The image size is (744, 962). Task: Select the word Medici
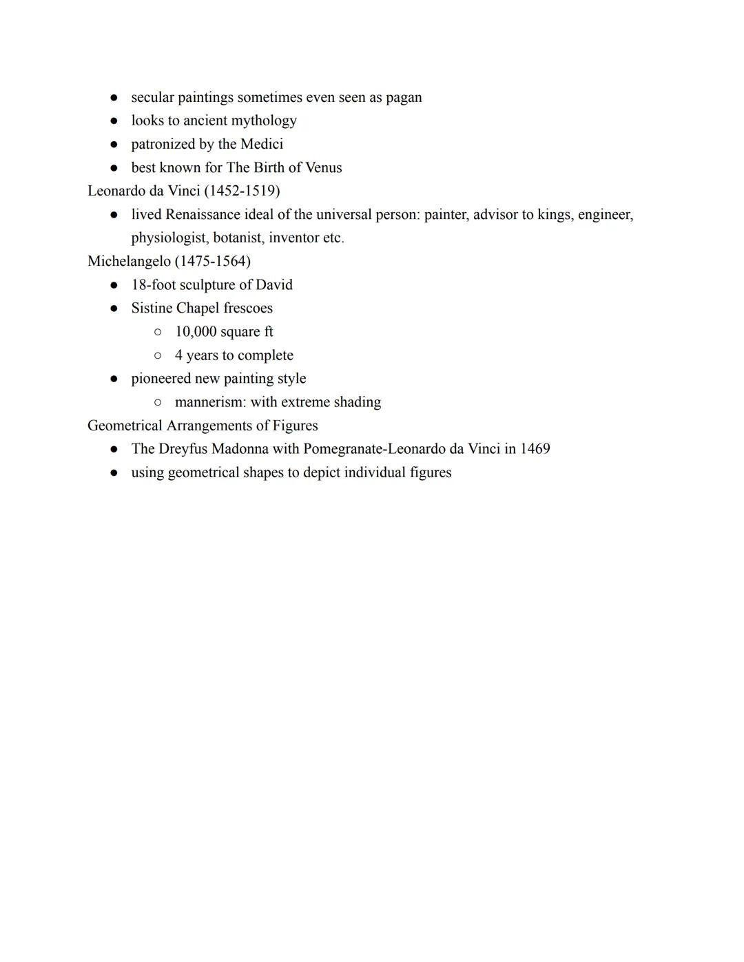[262, 145]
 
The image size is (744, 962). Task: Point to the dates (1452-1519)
[242, 191]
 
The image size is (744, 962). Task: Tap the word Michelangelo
[129, 262]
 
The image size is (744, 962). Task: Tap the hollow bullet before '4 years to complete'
[158, 355]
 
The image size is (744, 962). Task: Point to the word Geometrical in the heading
[125, 426]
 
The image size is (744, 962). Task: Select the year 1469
[535, 449]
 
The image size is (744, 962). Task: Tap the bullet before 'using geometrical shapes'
[114, 473]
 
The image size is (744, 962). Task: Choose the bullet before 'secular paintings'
[114, 98]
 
